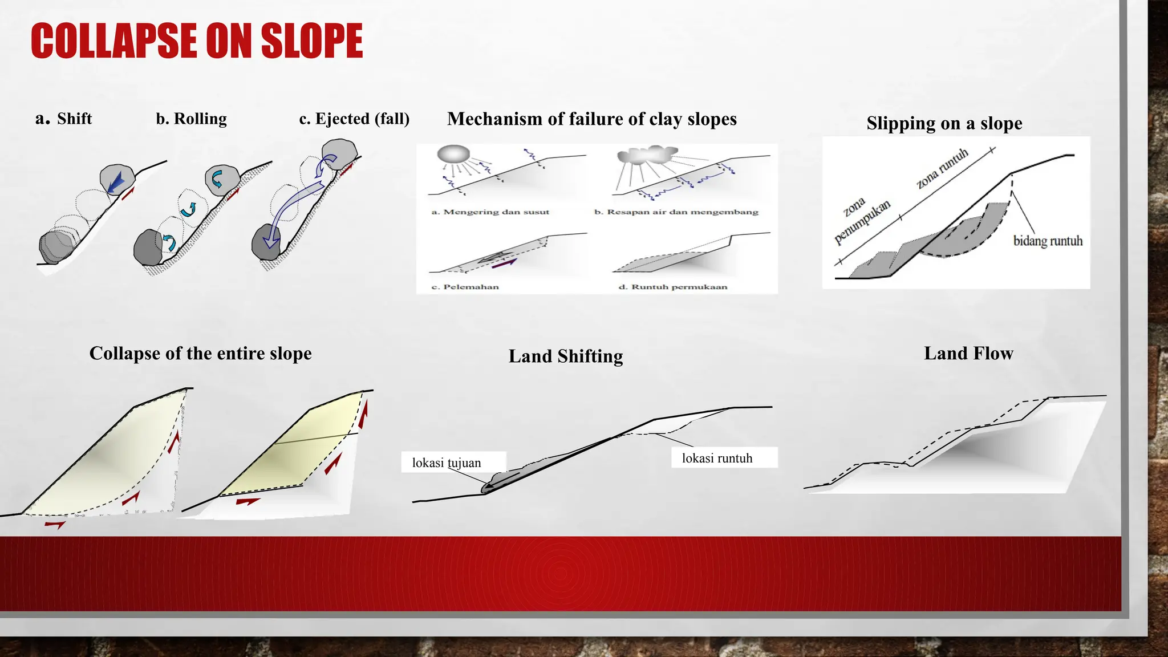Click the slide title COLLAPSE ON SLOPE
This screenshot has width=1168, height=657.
[197, 40]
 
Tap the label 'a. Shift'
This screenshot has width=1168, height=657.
[63, 119]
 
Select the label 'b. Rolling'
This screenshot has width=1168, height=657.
[191, 119]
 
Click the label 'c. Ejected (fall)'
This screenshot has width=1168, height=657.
[354, 119]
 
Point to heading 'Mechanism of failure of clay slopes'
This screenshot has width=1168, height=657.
[591, 119]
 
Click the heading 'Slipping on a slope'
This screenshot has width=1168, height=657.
[944, 123]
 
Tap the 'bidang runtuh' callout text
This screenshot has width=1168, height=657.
[1047, 241]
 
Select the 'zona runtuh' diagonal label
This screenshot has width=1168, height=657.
[942, 169]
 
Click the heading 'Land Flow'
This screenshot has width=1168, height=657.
[968, 353]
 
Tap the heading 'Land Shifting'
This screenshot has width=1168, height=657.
[565, 356]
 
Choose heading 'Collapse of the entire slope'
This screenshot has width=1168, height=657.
[200, 353]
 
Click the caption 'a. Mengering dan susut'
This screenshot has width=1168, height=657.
[490, 212]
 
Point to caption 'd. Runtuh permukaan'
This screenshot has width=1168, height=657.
[672, 286]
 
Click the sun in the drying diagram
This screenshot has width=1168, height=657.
[453, 154]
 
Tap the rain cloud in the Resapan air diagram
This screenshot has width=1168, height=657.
[647, 155]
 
